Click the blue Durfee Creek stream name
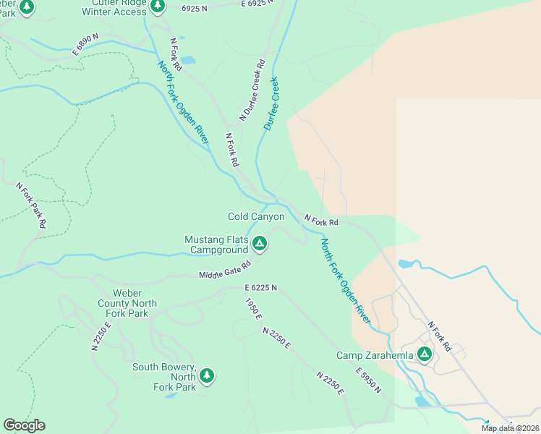click(271, 103)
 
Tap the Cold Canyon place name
click(256, 217)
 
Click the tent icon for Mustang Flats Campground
click(260, 244)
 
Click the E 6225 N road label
click(260, 288)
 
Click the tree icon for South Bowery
click(208, 375)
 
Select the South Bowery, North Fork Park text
click(164, 377)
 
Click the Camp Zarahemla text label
click(375, 355)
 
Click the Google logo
click(24, 425)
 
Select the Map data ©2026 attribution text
click(510, 428)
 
